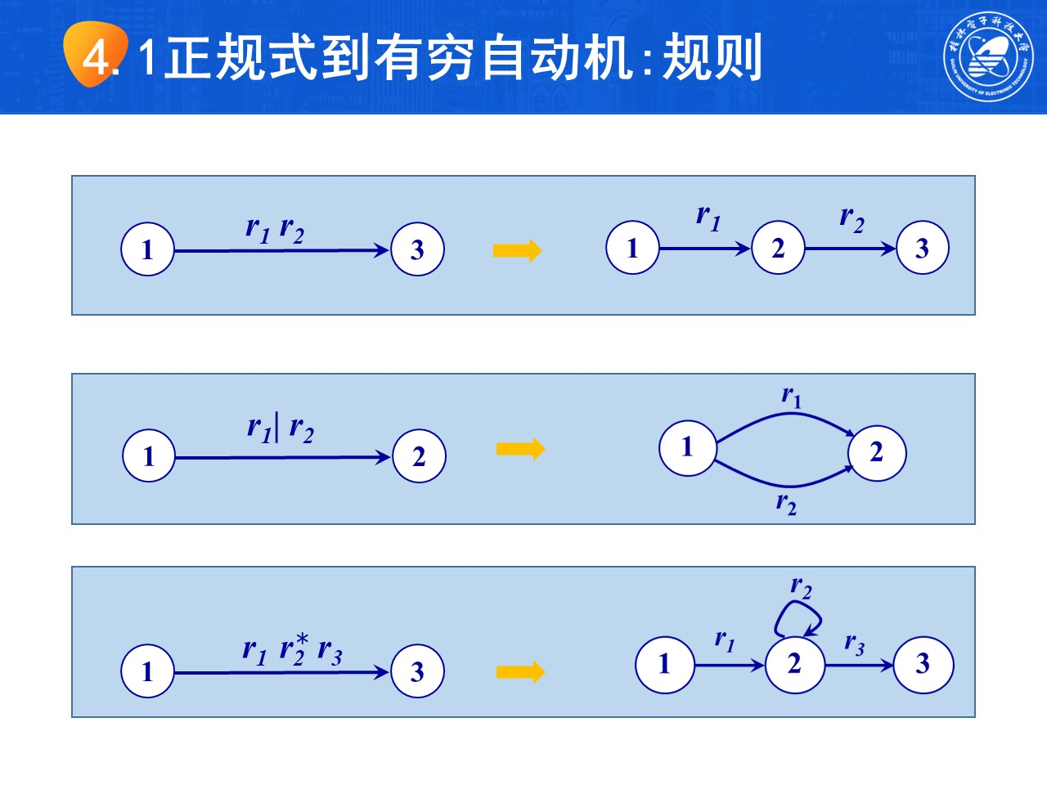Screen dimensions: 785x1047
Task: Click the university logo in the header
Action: [987, 56]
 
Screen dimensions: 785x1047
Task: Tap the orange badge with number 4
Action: [97, 55]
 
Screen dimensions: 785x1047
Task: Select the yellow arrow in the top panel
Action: [517, 250]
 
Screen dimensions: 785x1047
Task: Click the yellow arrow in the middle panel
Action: [520, 449]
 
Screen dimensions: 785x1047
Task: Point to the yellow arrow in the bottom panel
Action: [520, 672]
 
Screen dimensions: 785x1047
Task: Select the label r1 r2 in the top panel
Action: [275, 229]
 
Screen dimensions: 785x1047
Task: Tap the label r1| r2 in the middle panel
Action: [280, 428]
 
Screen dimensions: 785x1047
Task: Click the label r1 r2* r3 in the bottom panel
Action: [292, 651]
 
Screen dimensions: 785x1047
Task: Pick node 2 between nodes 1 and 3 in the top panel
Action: [778, 248]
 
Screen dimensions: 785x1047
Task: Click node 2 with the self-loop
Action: [794, 664]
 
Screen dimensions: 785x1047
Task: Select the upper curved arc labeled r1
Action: [784, 418]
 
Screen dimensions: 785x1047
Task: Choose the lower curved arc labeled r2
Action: [784, 482]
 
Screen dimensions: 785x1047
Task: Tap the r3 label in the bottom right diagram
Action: [854, 644]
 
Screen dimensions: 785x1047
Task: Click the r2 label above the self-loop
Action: [801, 587]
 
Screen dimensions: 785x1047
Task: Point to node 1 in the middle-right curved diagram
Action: [687, 447]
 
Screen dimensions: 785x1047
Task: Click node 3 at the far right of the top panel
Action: [923, 248]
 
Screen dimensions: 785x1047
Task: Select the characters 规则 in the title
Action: [712, 57]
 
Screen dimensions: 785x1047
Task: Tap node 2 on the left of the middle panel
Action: [419, 456]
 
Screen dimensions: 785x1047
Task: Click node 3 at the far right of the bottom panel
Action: [923, 664]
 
